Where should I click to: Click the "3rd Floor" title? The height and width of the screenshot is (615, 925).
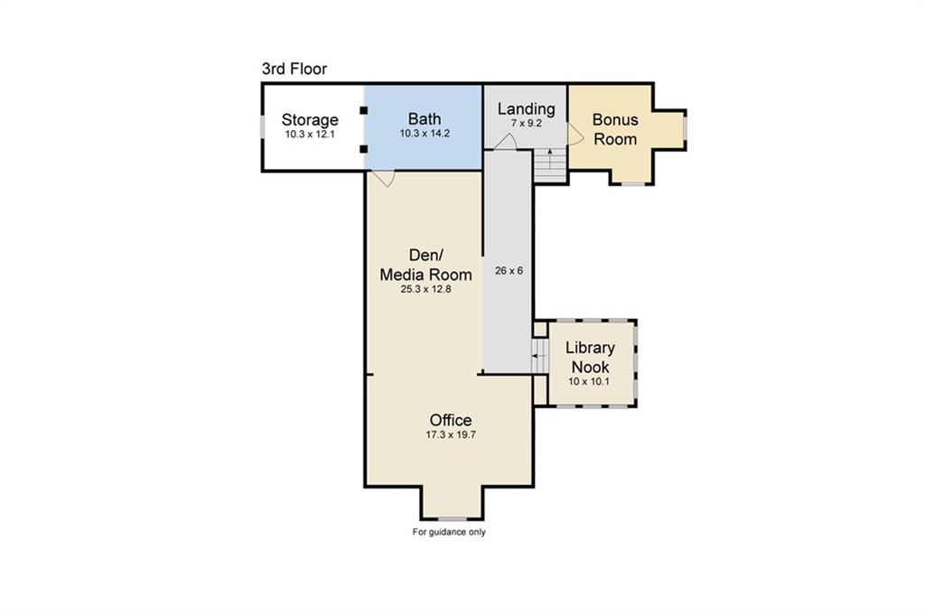point(294,69)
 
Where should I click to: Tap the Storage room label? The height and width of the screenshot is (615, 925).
point(310,120)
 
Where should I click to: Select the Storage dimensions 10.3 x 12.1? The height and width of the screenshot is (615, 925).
point(311,134)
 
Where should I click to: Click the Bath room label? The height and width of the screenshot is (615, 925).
point(425,119)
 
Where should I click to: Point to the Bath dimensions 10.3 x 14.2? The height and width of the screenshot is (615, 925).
point(425,134)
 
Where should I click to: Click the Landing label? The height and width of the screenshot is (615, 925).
point(526,109)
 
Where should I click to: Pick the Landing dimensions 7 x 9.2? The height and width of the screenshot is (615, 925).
point(527,124)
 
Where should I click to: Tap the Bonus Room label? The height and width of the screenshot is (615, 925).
point(614,129)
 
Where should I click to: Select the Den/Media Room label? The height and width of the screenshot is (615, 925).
point(425,265)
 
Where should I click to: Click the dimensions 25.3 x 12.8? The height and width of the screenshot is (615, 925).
point(425,289)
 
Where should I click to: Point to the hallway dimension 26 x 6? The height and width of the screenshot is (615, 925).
point(509,271)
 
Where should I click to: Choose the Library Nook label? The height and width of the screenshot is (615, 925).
point(590,357)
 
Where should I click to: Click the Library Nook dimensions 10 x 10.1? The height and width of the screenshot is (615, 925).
point(589,381)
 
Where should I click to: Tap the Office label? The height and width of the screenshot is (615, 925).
point(451,421)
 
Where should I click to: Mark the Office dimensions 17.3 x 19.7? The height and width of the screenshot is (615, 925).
point(451,435)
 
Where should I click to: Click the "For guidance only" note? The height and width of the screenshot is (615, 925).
point(448,532)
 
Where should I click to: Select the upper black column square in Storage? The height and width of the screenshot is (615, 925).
point(363,110)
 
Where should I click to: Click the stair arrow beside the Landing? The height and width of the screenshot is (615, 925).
point(550,159)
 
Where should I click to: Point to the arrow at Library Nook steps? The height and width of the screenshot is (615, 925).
point(539,356)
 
